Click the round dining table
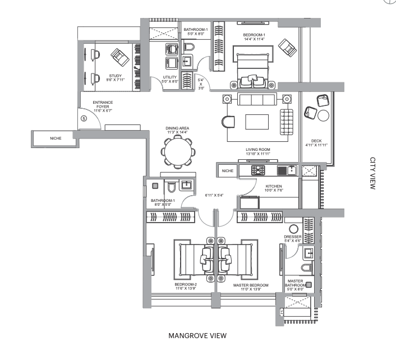pyautogui.click(x=178, y=152)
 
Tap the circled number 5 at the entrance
pyautogui.click(x=84, y=118)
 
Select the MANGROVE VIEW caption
pyautogui.click(x=197, y=335)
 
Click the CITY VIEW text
pyautogui.click(x=373, y=173)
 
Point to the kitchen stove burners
pyautogui.click(x=258, y=170)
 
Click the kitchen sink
pyautogui.click(x=292, y=170)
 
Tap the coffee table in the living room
pyautogui.click(x=257, y=122)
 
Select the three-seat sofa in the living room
pyautogui.click(x=257, y=99)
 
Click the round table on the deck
pyautogui.click(x=323, y=116)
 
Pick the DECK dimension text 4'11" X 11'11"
pyautogui.click(x=316, y=145)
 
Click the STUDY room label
pyautogui.click(x=115, y=76)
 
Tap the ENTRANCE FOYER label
pyautogui.click(x=103, y=104)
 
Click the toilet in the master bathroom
pyautogui.click(x=307, y=267)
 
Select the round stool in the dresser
pyautogui.click(x=293, y=229)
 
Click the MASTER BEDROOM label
pyautogui.click(x=251, y=285)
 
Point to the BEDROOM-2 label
pyautogui.click(x=186, y=284)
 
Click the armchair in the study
pyautogui.click(x=120, y=58)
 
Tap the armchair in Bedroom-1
pyautogui.click(x=287, y=48)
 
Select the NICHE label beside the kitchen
pyautogui.click(x=228, y=170)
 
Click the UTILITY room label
pyautogui.click(x=170, y=77)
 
